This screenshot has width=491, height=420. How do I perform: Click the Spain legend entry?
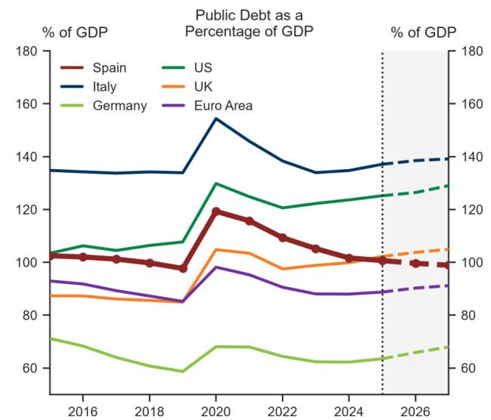pyautogui.click(x=94, y=68)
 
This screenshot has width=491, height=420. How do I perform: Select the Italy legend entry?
pyautogui.click(x=88, y=87)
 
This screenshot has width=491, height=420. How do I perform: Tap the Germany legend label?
pyautogui.click(x=120, y=106)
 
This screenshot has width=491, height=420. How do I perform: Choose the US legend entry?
pyautogui.click(x=187, y=68)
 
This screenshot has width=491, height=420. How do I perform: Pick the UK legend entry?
pyautogui.click(x=187, y=87)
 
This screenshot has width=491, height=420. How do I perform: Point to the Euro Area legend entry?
pyautogui.click(x=207, y=106)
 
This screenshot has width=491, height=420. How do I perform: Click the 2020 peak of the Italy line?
pyautogui.click(x=216, y=119)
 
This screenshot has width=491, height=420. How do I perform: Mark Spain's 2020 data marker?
pyautogui.click(x=216, y=212)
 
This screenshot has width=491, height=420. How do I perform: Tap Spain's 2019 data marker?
pyautogui.click(x=183, y=269)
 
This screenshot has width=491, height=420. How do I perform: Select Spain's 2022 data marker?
pyautogui.click(x=283, y=238)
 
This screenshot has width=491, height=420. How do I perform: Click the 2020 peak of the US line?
pyautogui.click(x=216, y=184)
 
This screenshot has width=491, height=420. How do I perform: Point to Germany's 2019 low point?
pyautogui.click(x=183, y=372)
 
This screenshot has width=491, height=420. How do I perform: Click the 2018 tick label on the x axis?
pyautogui.click(x=150, y=411)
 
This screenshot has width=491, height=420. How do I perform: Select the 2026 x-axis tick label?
pyautogui.click(x=415, y=411)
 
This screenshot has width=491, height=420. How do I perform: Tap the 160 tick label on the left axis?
pyautogui.click(x=26, y=104)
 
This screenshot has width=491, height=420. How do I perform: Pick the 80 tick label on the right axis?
pyautogui.click(x=468, y=315)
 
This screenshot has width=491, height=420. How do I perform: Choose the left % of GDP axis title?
pyautogui.click(x=75, y=32)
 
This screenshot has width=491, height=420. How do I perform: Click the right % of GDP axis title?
pyautogui.click(x=423, y=32)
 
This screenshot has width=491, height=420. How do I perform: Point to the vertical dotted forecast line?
pyautogui.click(x=382, y=222)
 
